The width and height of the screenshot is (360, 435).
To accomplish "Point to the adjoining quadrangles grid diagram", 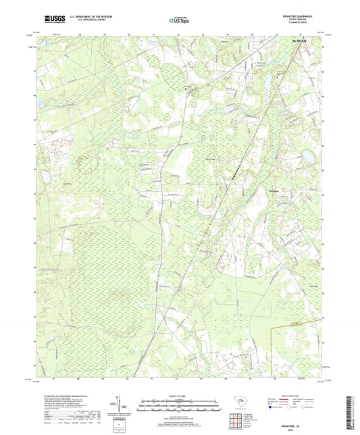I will (x=236, y=420).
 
